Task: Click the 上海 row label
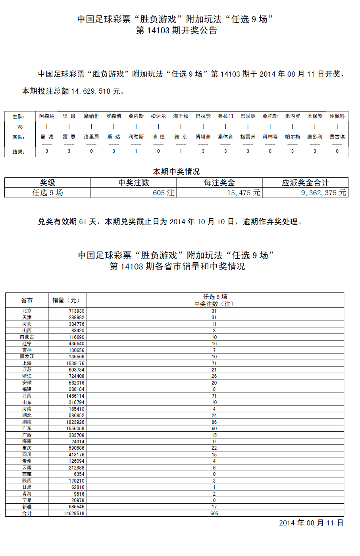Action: coord(27,363)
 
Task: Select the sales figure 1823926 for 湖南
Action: coord(75,422)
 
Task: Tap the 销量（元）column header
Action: coord(66,300)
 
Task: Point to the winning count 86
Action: coord(214,422)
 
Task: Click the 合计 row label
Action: coord(27,513)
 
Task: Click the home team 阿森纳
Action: coord(47,116)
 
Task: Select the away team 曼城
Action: coord(47,137)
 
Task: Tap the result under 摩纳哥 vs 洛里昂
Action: coord(91,151)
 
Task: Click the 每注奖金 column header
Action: coord(219,183)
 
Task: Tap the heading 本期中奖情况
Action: coord(176,171)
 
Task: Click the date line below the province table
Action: coord(311,523)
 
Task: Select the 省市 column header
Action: coord(27,300)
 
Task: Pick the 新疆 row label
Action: coord(27,507)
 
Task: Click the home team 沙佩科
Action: coord(337,116)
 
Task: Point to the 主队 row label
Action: coord(19,117)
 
